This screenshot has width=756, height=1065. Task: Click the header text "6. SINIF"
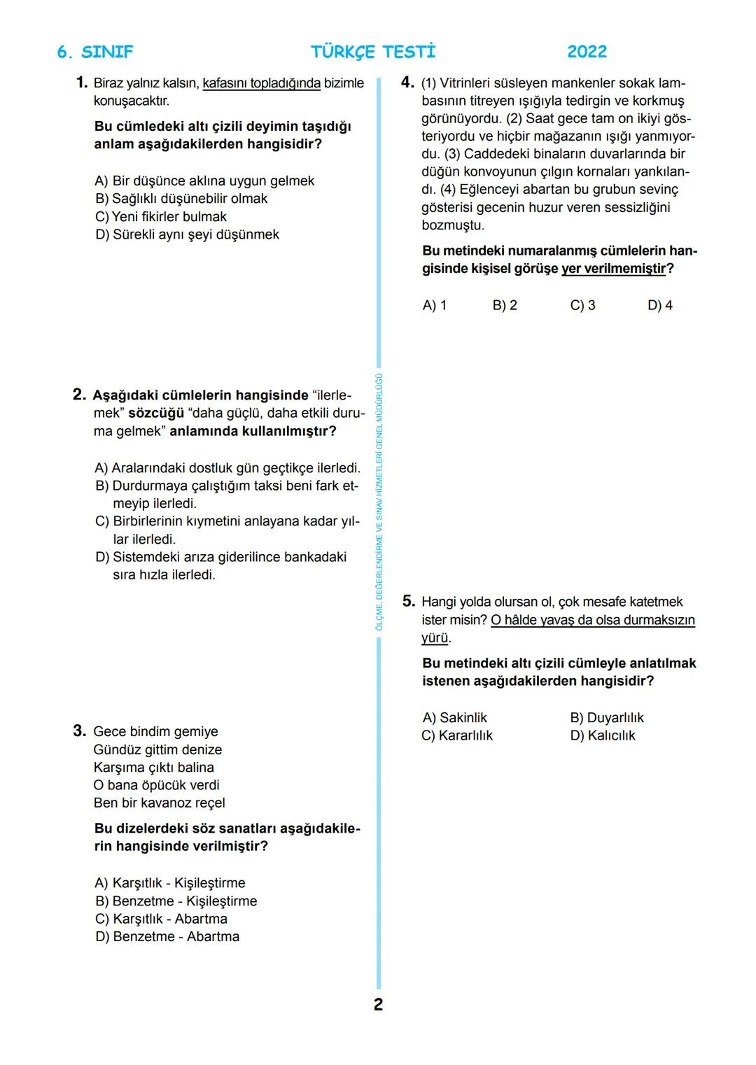(94, 52)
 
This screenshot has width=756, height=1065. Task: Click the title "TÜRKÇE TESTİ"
(372, 52)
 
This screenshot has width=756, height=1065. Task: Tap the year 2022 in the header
(587, 52)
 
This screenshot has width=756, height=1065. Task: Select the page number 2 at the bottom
(378, 1005)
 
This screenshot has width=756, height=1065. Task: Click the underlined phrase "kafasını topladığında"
(261, 83)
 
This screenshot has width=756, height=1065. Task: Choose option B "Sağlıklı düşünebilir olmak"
(181, 199)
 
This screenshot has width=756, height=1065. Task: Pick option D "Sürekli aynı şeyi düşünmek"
(187, 234)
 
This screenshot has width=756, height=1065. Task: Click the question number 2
(79, 395)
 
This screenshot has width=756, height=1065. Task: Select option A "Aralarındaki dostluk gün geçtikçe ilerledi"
(227, 468)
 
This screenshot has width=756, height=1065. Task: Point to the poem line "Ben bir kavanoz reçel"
(159, 803)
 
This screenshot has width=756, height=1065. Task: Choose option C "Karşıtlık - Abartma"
(161, 919)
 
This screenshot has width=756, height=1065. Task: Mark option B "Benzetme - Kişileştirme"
(176, 901)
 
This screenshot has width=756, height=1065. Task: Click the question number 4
(407, 83)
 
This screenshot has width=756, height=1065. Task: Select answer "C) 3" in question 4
(582, 306)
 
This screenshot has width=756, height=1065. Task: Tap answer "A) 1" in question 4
(434, 306)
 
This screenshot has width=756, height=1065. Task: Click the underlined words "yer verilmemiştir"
(613, 269)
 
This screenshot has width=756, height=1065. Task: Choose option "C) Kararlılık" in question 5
(457, 735)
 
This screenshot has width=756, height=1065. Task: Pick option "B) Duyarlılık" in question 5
(606, 718)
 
